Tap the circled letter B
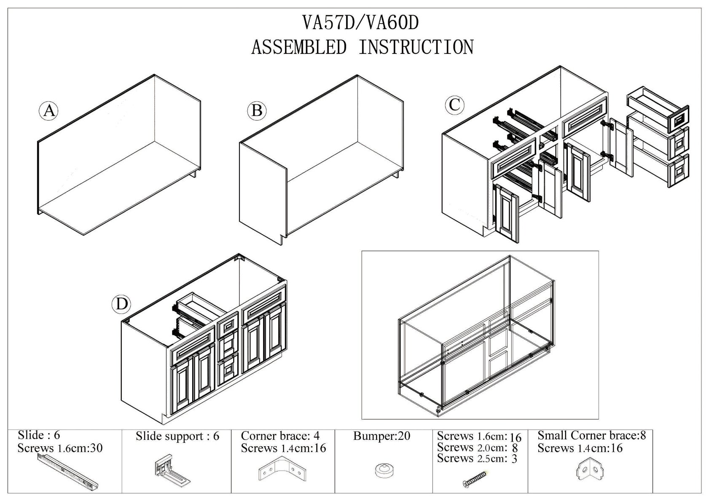pyautogui.click(x=257, y=111)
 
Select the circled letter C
pyautogui.click(x=454, y=104)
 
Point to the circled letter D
pyautogui.click(x=121, y=304)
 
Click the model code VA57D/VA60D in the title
pyautogui.click(x=361, y=23)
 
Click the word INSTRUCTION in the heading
pyautogui.click(x=416, y=47)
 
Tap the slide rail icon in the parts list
pyautogui.click(x=70, y=472)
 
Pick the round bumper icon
pyautogui.click(x=383, y=470)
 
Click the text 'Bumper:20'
pyautogui.click(x=381, y=436)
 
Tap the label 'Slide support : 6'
pyautogui.click(x=177, y=436)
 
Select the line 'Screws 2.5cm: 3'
pyautogui.click(x=477, y=458)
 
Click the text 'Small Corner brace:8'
pyautogui.click(x=591, y=435)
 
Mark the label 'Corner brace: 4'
pyautogui.click(x=280, y=436)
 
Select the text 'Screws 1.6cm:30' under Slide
pyautogui.click(x=60, y=448)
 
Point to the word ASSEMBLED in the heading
pyautogui.click(x=299, y=47)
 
